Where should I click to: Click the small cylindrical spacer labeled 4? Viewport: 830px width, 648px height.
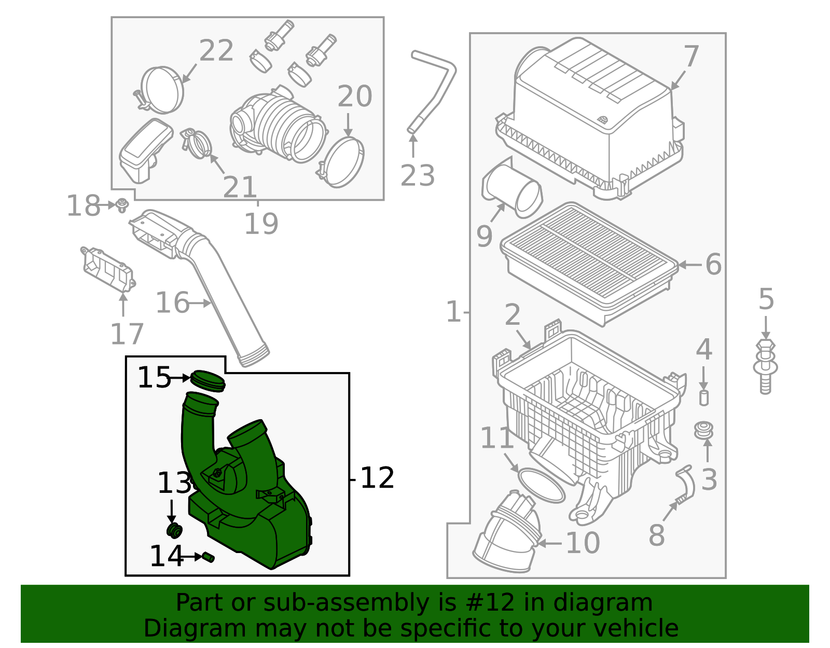tap(703, 398)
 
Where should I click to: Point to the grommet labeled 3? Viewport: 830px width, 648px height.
tap(704, 431)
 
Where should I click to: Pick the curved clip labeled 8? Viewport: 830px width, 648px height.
tap(687, 485)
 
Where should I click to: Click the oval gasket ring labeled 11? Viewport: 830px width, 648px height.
tap(541, 486)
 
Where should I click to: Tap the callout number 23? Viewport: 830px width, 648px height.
tap(417, 175)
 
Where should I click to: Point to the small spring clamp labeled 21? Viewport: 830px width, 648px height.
tap(196, 143)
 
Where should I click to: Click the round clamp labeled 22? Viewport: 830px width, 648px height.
tap(162, 90)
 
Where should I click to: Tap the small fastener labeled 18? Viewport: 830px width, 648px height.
tap(122, 205)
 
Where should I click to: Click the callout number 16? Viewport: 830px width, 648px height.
tap(173, 302)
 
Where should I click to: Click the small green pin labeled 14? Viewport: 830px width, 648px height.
tap(208, 557)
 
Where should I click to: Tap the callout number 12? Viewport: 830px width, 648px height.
tap(377, 478)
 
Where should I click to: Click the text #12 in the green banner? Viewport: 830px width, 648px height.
tap(491, 603)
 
